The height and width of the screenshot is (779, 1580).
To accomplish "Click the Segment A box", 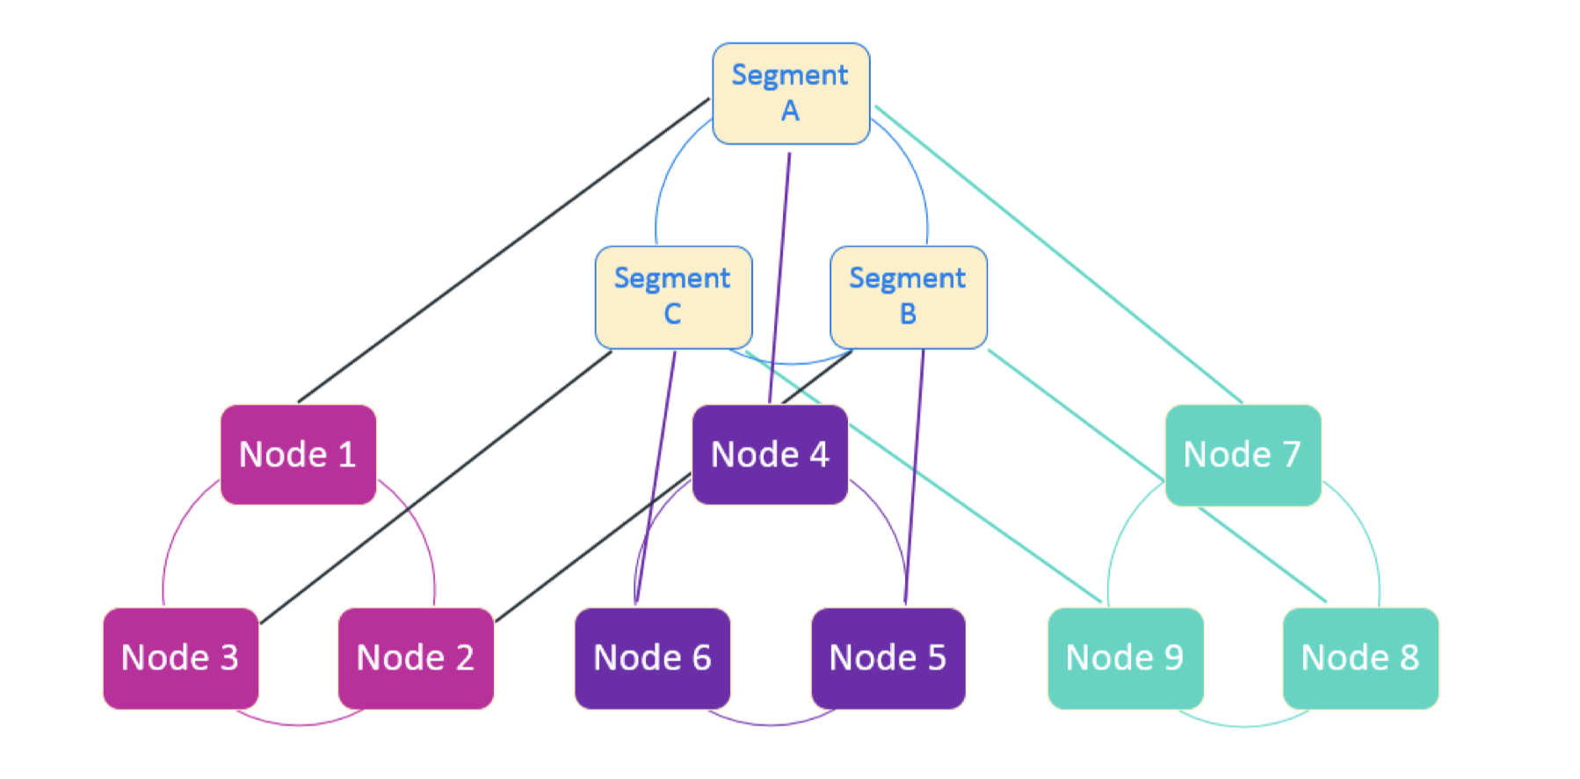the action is [x=791, y=93].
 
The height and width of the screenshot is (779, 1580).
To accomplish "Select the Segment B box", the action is [x=909, y=297].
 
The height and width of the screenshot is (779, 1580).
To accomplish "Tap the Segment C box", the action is [x=674, y=297].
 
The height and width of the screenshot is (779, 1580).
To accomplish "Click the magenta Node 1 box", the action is [x=299, y=455].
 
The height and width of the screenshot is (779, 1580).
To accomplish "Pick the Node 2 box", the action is [x=416, y=658].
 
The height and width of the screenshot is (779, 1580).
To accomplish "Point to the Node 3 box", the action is [x=181, y=658].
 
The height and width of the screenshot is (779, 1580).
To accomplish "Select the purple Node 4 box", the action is [x=770, y=455].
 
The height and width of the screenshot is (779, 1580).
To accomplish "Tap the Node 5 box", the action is [x=888, y=658].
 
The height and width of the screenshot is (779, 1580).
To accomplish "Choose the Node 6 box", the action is [x=653, y=658].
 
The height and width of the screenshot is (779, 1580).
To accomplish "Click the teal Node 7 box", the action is [x=1243, y=455].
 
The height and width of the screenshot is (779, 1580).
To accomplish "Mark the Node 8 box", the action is [x=1360, y=658].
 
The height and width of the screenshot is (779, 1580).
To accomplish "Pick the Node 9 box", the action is [x=1126, y=658].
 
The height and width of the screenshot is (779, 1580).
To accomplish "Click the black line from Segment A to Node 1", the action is [x=504, y=251].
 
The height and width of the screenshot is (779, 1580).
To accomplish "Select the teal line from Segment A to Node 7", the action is [x=1059, y=255].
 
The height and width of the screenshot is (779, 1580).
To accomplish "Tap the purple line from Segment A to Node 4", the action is [x=779, y=278].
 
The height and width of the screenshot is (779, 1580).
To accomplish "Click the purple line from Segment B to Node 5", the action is [x=914, y=477].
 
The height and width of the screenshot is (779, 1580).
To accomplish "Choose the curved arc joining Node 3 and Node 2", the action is [x=299, y=724].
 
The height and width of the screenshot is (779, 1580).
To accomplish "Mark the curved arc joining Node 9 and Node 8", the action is [x=1243, y=725].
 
